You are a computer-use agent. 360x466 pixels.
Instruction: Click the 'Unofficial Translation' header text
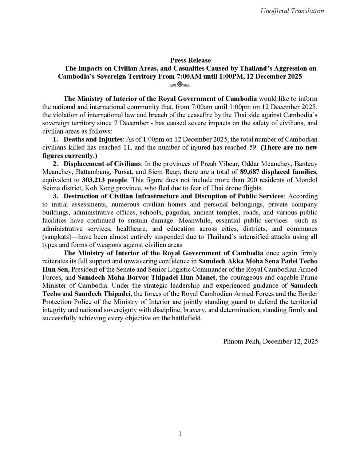[x=292, y=11]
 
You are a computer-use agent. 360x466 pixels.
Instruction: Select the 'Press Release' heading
[x=190, y=60]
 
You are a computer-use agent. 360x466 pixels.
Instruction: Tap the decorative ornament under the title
[x=180, y=85]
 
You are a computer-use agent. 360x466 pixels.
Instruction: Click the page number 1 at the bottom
[x=180, y=434]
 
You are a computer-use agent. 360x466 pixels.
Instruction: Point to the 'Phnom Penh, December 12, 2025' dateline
[x=270, y=341]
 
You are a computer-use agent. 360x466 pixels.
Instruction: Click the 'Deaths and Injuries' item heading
[x=93, y=139]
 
